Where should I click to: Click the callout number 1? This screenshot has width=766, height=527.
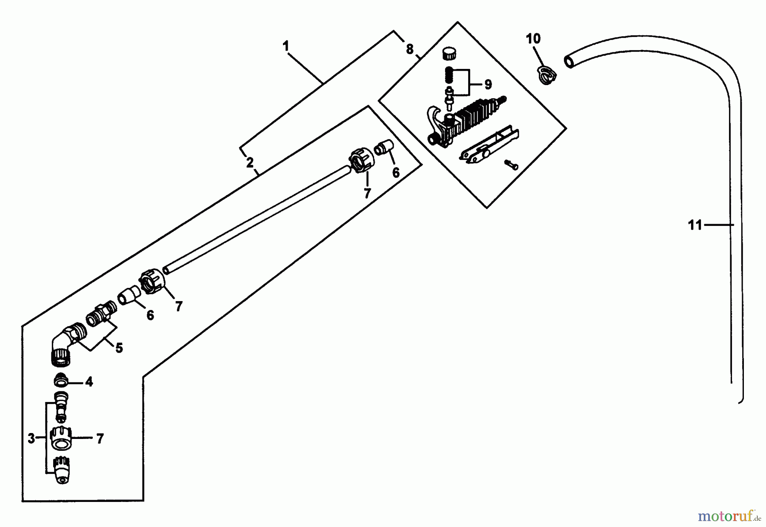click(x=286, y=46)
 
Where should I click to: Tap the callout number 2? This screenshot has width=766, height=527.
click(x=250, y=162)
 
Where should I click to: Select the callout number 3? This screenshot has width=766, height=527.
click(x=31, y=439)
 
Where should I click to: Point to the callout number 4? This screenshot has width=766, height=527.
click(x=89, y=382)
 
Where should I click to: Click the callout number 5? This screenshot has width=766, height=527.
click(x=119, y=348)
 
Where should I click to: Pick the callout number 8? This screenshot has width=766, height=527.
click(x=409, y=49)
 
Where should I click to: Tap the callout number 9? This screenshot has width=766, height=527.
click(x=488, y=84)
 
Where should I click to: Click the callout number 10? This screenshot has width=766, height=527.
click(x=533, y=39)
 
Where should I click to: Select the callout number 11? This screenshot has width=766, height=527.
click(x=695, y=225)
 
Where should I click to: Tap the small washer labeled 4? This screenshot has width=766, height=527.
click(x=61, y=379)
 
